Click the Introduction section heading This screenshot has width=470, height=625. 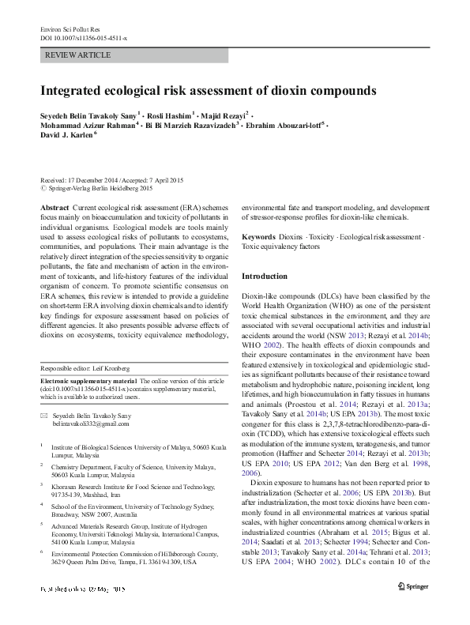265,277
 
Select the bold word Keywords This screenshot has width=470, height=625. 259,237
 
